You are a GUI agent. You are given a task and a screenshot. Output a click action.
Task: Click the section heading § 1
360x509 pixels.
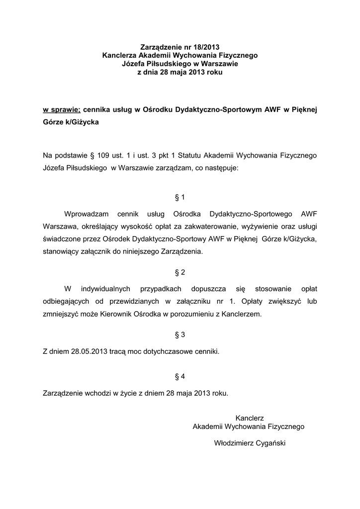(180, 197)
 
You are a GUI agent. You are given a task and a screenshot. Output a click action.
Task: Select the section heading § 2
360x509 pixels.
(180, 272)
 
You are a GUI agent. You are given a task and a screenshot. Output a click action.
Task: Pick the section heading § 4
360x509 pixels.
(180, 376)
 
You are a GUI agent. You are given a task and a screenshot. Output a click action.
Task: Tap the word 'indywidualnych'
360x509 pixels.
(105, 289)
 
